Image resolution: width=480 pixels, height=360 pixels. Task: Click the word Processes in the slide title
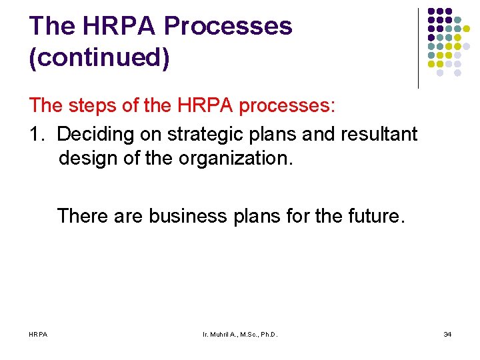coord(228,26)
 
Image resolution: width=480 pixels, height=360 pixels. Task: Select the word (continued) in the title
coord(99,57)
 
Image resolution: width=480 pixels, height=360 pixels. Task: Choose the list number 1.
coord(37,134)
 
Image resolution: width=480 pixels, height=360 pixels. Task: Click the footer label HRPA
coord(38,333)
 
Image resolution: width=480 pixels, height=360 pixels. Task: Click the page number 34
coord(447,333)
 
